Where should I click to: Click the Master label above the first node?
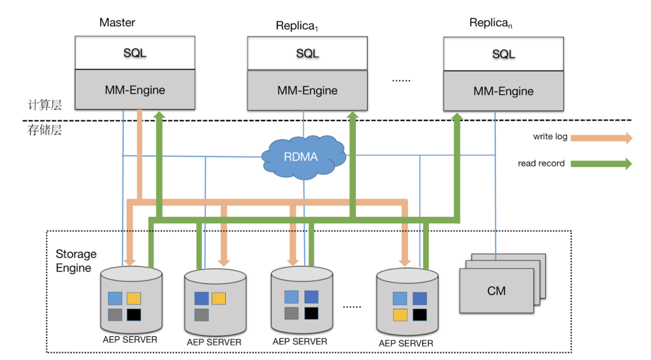[117, 23]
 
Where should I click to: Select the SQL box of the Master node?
[135, 53]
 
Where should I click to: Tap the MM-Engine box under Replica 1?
[307, 90]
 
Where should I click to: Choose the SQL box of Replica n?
[503, 54]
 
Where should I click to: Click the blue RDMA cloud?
[300, 155]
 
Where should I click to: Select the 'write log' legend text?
[550, 137]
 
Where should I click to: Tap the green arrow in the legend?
[601, 164]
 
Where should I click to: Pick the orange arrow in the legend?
[601, 138]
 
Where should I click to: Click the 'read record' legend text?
[541, 164]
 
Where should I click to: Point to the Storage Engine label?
[76, 261]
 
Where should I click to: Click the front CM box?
[496, 291]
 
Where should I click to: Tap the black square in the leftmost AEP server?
[133, 314]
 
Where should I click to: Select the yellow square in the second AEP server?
[219, 298]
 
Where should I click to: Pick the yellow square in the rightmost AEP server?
[400, 314]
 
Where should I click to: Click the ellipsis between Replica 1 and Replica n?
[401, 80]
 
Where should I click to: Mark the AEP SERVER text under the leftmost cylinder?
[130, 340]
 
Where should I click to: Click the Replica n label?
[492, 24]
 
